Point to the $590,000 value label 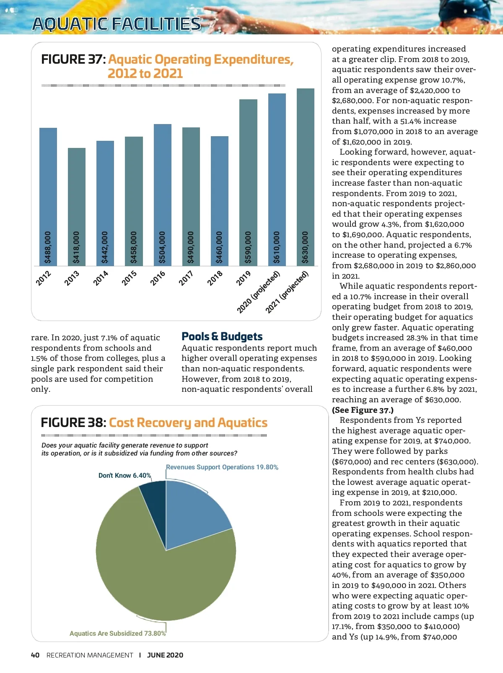(248, 247)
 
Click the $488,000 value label (48, 247)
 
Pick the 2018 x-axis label (215, 278)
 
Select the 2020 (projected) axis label (258, 292)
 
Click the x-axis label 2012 (44, 278)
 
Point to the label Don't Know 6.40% (124, 475)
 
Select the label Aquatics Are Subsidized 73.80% (117, 633)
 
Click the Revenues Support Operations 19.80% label (222, 467)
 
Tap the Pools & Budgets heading (222, 336)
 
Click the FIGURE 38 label (73, 422)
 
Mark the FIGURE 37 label (73, 60)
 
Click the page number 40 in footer (35, 655)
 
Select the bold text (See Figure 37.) (363, 410)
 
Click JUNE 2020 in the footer (165, 655)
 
